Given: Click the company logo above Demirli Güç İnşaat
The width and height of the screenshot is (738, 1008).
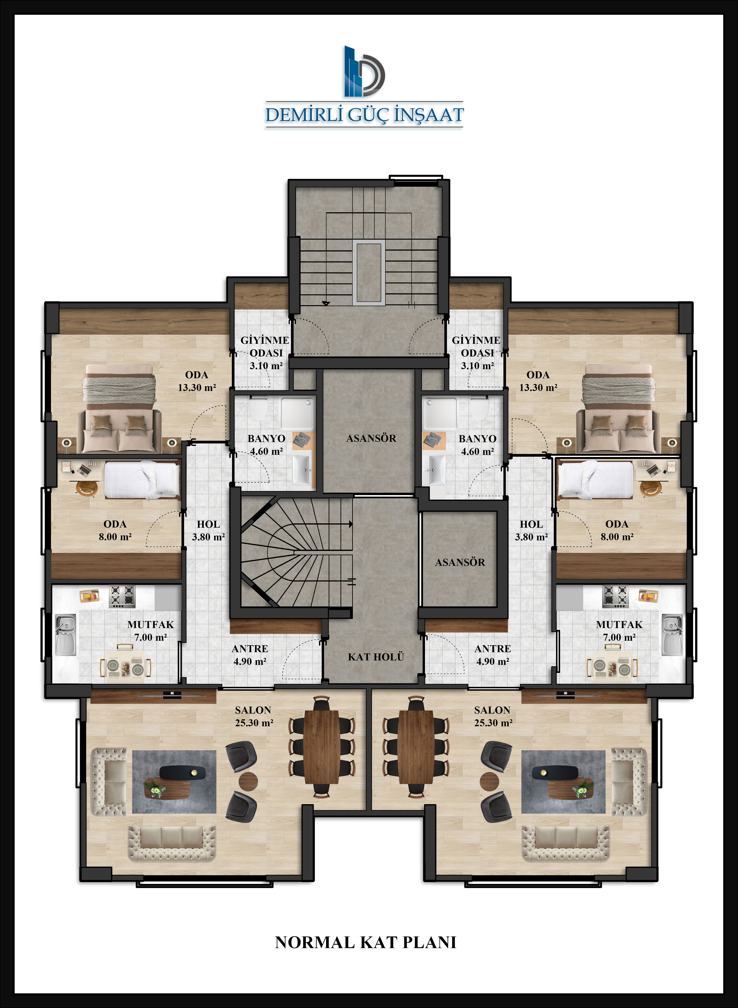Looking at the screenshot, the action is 364,72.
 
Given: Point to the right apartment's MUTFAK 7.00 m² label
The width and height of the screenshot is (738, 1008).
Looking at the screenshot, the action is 619,631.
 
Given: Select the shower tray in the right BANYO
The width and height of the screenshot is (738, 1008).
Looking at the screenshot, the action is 440,413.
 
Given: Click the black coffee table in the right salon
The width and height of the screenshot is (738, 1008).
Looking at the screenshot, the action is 555,772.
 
